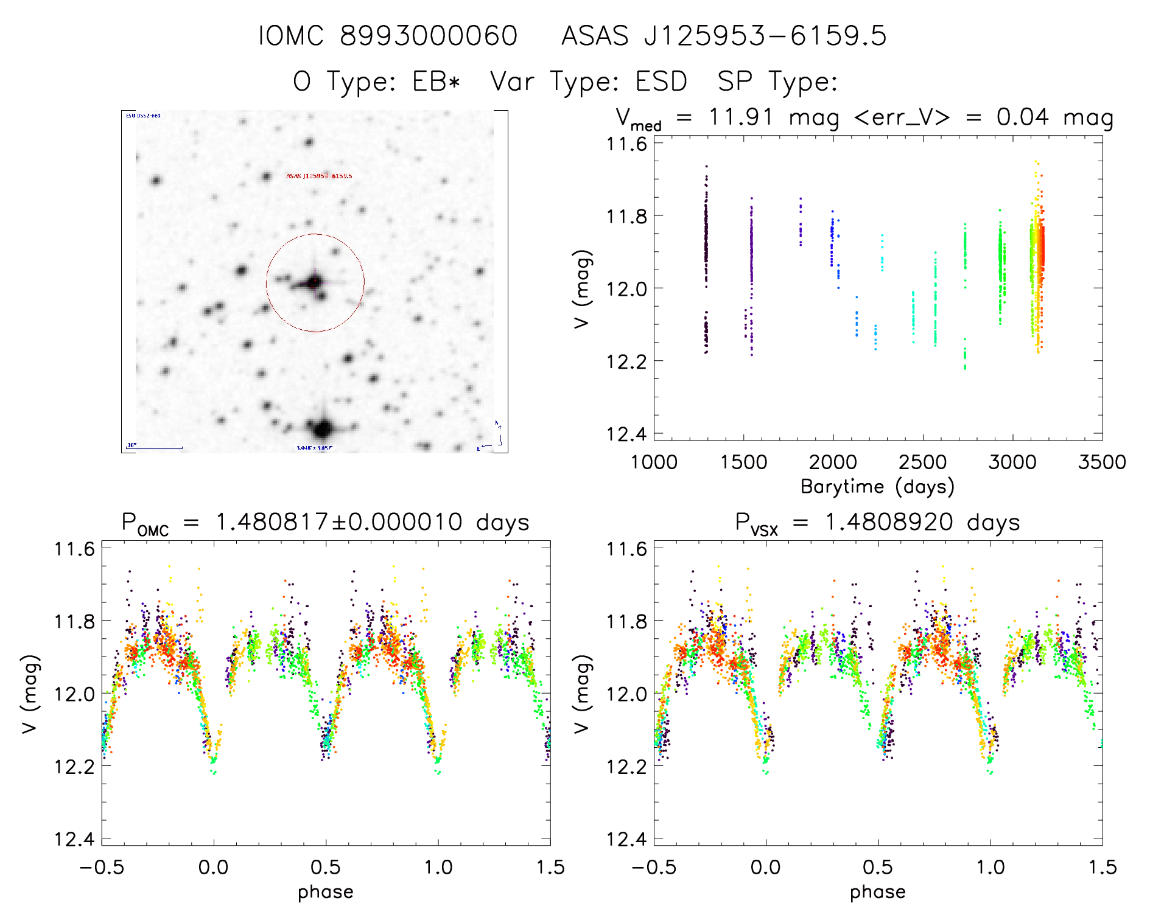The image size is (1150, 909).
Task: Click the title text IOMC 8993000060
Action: click(388, 36)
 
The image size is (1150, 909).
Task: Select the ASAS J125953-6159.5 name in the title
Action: click(724, 36)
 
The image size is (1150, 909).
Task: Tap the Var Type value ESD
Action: click(661, 82)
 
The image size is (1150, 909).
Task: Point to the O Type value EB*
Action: click(436, 82)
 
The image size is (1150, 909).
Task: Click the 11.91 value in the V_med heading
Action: click(741, 117)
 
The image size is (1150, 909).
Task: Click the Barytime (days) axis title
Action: click(877, 487)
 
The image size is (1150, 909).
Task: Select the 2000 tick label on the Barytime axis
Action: click(833, 462)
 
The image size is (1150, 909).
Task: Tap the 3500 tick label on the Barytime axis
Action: click(1102, 462)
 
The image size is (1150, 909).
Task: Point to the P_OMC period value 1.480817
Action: click(272, 523)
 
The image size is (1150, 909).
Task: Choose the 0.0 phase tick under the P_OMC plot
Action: click(214, 868)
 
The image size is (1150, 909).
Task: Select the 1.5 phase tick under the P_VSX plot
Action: click(1102, 868)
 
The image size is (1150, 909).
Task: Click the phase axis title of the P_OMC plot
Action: click(326, 892)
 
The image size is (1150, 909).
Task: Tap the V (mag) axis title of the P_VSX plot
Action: click(582, 694)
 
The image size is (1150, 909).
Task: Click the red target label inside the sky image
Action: click(319, 176)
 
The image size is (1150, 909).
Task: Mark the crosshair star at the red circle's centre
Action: click(315, 282)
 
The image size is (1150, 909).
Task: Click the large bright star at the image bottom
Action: click(323, 428)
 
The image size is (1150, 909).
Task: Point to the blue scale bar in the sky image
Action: click(155, 448)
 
